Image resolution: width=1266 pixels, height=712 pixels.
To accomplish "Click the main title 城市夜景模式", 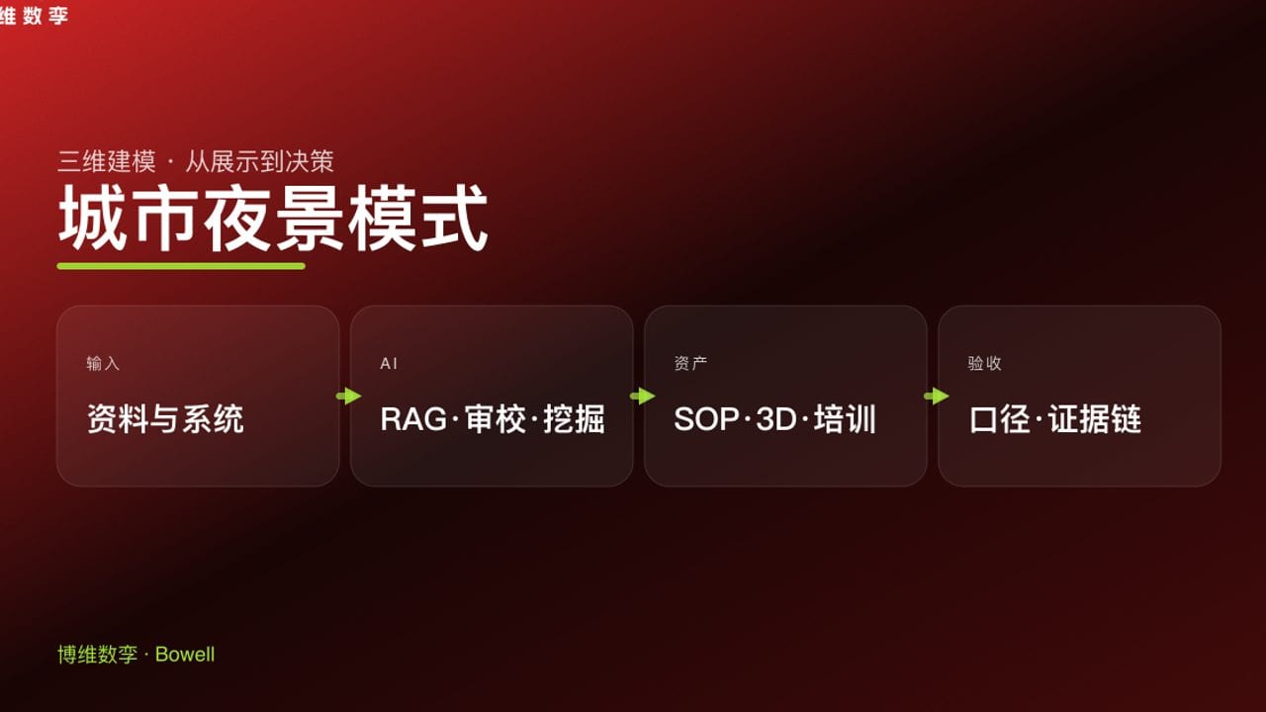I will (273, 219).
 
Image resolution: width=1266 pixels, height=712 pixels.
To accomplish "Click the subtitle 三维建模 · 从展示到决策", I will (196, 161).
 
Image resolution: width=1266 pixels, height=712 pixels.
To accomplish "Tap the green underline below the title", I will (181, 266).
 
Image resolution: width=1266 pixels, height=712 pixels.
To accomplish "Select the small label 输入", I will (103, 364).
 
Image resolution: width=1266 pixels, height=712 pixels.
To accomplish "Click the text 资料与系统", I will (165, 419).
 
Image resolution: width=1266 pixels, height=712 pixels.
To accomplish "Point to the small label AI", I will (389, 364).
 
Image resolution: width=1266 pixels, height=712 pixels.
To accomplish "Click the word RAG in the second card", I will (413, 419).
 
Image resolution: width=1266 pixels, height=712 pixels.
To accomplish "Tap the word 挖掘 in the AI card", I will (575, 419).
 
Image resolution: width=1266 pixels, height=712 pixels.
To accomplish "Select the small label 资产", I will (690, 364).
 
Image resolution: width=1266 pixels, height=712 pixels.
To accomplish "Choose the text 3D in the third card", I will (776, 419).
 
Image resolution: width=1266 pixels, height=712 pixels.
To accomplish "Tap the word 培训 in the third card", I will (846, 419).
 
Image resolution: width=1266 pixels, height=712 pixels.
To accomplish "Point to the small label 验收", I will (984, 364).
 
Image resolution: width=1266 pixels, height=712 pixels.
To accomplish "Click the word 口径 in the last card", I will (1000, 419).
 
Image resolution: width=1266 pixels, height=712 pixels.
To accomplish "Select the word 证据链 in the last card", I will (1095, 419).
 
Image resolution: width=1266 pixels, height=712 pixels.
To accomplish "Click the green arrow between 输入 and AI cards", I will (348, 397).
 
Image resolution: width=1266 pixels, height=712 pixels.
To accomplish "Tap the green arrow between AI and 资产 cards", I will (642, 397).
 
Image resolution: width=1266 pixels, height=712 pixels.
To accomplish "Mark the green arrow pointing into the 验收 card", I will (936, 397).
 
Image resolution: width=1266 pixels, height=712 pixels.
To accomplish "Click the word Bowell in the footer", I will (185, 655).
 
